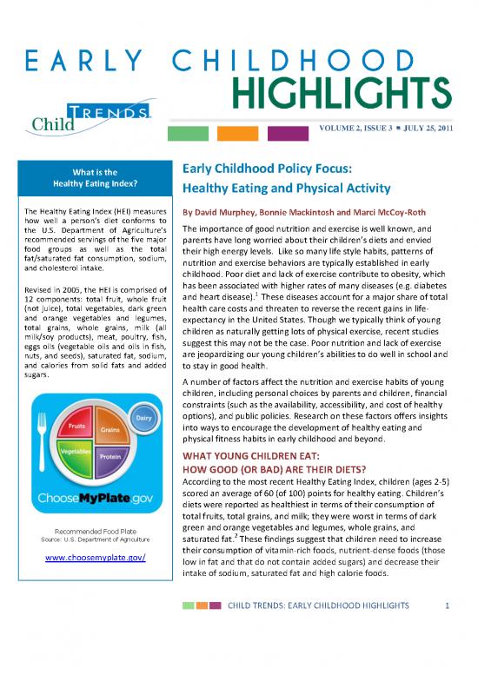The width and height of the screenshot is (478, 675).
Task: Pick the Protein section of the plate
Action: (x=110, y=456)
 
